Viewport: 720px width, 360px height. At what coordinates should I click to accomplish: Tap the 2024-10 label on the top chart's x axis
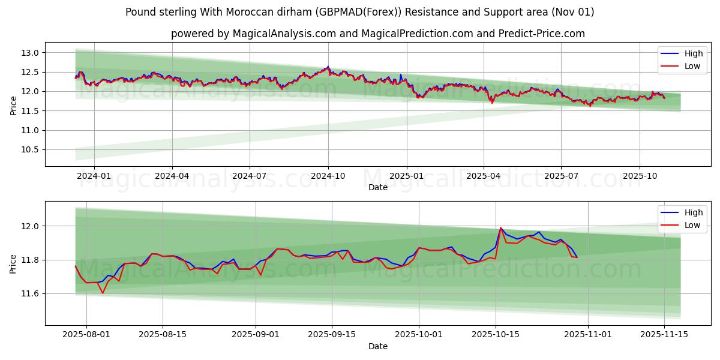click(328, 176)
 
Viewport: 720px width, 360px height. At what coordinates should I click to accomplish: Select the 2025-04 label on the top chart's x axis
click(484, 176)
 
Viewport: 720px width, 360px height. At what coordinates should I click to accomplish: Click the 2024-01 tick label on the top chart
click(94, 176)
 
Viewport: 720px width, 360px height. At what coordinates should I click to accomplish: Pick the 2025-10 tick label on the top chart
click(640, 176)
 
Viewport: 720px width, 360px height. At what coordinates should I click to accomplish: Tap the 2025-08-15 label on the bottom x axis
click(163, 335)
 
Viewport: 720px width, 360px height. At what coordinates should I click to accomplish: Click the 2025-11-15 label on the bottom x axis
click(664, 335)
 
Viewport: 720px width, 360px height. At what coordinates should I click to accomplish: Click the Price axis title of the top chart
click(13, 106)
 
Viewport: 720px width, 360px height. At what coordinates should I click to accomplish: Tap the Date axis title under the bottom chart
click(378, 346)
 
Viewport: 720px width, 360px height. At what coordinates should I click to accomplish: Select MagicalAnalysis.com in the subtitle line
click(284, 34)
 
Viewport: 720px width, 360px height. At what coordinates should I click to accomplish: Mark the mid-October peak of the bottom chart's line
click(500, 228)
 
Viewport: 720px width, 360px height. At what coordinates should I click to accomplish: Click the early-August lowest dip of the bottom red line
click(103, 293)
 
